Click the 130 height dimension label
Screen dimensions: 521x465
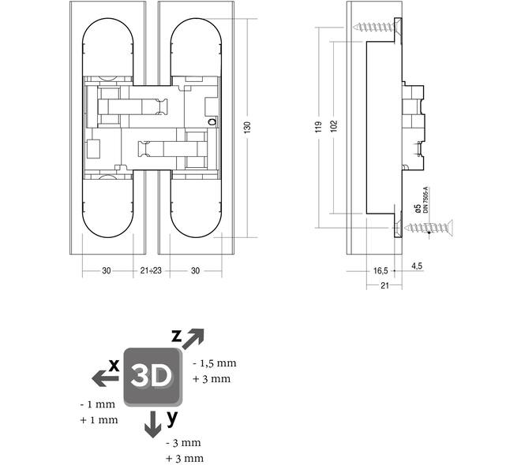(x=248, y=128)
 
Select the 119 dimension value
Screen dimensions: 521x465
(x=319, y=127)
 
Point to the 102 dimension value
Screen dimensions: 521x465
(x=334, y=126)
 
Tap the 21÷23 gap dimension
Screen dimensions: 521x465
(x=151, y=270)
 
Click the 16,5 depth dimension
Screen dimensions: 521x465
(x=380, y=271)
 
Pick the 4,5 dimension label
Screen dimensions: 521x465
(x=417, y=266)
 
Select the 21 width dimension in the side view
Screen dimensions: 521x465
(x=384, y=285)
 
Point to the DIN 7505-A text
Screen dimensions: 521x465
(x=425, y=199)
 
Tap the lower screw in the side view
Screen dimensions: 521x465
(x=429, y=228)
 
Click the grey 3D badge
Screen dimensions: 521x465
(x=153, y=377)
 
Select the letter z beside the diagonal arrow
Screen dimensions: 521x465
(x=177, y=337)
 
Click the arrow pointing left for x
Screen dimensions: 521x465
(x=105, y=379)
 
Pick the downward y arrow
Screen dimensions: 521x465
(x=153, y=424)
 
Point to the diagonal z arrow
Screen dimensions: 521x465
(x=193, y=339)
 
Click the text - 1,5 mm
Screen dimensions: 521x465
(x=215, y=363)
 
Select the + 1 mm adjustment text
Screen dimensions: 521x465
(x=99, y=420)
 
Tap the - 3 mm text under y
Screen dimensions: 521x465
(x=183, y=443)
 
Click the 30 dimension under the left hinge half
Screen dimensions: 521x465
(x=107, y=270)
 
